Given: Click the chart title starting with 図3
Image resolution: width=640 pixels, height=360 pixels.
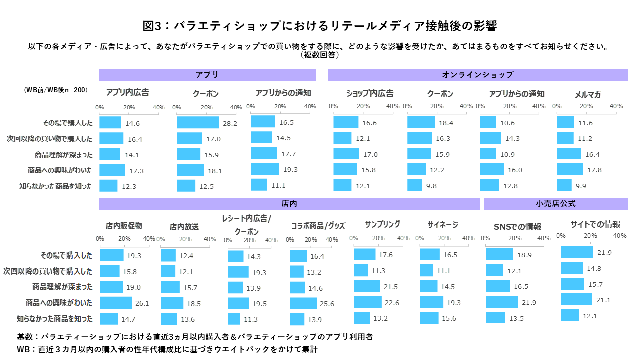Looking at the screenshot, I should (319, 25).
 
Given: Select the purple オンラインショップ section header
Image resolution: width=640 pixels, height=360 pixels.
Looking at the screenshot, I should (477, 75).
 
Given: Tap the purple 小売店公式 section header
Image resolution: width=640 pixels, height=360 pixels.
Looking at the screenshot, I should (555, 204).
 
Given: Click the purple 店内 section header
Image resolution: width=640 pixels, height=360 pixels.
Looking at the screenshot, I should (289, 204).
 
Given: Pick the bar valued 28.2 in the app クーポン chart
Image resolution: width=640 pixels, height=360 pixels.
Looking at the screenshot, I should (198, 122).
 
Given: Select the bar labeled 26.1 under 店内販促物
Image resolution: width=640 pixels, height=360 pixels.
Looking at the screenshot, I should (116, 303).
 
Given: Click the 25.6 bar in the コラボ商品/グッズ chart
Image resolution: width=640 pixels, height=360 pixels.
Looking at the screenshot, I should (303, 303).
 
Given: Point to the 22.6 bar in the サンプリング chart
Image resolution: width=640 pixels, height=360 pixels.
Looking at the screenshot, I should (368, 302).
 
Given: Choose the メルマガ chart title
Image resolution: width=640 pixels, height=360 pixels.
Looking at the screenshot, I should (587, 94).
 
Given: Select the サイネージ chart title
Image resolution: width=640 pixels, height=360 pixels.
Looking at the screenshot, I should (443, 225).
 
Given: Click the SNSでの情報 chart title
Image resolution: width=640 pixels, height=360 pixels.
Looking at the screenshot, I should (517, 227).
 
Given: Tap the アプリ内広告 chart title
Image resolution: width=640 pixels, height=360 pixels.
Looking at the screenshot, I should (128, 92).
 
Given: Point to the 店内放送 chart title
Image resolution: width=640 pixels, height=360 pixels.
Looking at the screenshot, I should (184, 227).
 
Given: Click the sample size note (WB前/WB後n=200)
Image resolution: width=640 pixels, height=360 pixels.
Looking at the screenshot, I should (55, 90).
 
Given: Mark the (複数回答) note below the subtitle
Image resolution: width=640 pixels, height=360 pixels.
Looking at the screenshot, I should (320, 55).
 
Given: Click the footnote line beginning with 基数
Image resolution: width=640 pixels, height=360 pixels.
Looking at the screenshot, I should (195, 337).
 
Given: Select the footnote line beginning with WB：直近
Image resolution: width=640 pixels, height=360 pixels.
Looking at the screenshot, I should (167, 349).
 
